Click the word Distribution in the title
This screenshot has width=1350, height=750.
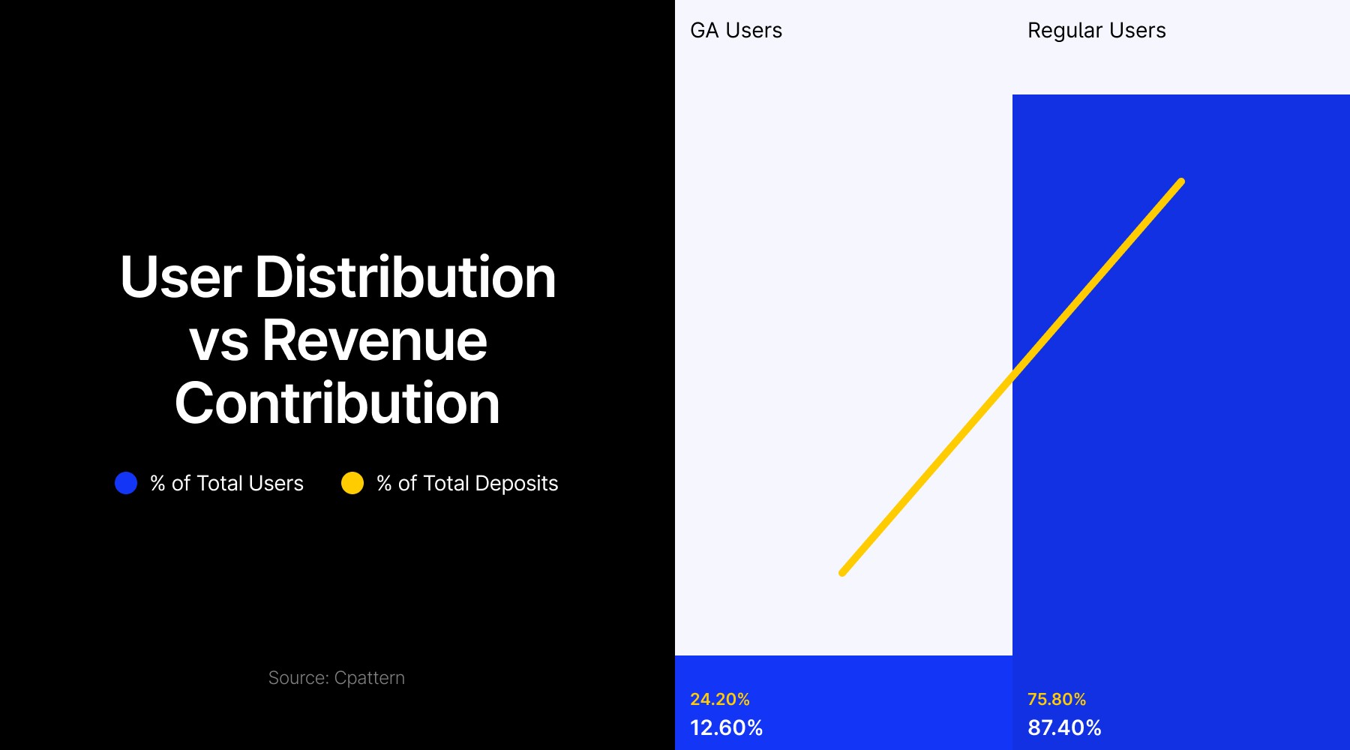(x=405, y=277)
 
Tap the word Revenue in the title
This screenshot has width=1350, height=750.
(x=374, y=341)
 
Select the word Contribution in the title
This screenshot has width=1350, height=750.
(x=337, y=403)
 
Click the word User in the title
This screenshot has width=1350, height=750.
(x=181, y=277)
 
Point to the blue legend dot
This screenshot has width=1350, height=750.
(x=126, y=483)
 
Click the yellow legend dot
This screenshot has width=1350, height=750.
(x=352, y=483)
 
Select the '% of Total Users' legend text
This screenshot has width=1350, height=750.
(x=226, y=484)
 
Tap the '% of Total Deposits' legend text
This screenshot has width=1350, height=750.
(x=467, y=484)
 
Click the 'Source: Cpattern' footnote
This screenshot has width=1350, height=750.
(x=336, y=678)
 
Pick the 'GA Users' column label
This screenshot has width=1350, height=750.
(x=736, y=31)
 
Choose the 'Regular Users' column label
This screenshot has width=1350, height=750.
(x=1096, y=31)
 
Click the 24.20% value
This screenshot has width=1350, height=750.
(x=720, y=699)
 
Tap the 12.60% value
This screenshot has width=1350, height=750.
(x=726, y=727)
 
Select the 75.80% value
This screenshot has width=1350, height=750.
(x=1057, y=699)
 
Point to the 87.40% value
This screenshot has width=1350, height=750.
(x=1064, y=727)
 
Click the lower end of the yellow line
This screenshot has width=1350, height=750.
(x=843, y=573)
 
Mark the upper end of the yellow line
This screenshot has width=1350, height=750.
(x=1181, y=181)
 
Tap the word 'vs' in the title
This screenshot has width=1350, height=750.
(x=218, y=341)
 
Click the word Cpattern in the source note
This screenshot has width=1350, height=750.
(x=369, y=678)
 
